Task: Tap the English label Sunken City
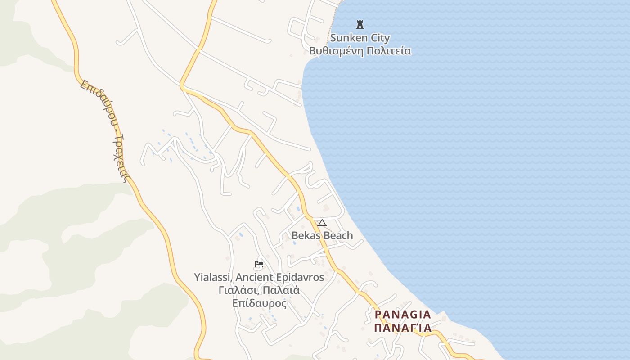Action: pos(360,38)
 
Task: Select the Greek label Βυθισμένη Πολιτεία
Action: pos(360,50)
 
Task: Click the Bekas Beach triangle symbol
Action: pos(322,223)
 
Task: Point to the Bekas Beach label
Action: pos(322,235)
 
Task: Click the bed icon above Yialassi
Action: pos(259,264)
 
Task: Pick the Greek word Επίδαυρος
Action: pos(259,303)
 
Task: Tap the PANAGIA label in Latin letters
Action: pos(403,314)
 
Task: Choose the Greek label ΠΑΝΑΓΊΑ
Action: pos(403,327)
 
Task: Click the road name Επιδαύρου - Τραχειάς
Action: pos(106,130)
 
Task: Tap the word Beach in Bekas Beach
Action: pos(338,235)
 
